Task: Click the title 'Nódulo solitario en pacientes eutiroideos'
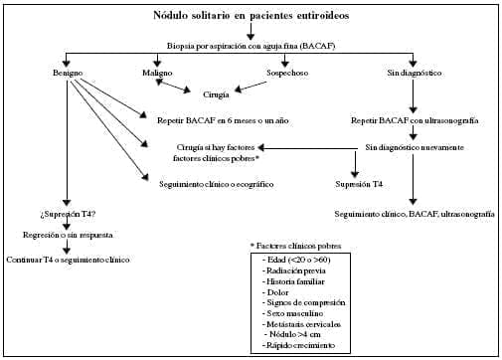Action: coord(251,16)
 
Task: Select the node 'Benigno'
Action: coord(68,73)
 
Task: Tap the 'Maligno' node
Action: coord(157,73)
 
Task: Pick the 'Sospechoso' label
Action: coord(287,73)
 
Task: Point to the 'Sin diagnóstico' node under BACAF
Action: coord(415,73)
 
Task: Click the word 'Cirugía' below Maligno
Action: coord(216,94)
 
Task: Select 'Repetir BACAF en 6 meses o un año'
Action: coord(223,120)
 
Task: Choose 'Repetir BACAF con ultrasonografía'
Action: coord(415,120)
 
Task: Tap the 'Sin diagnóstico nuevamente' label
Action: coord(415,147)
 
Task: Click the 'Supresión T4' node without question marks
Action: coord(359,184)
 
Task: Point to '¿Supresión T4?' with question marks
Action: coord(68,215)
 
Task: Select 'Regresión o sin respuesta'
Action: coord(68,235)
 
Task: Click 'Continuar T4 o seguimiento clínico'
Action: coord(68,260)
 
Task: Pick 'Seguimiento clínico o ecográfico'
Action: coord(217,184)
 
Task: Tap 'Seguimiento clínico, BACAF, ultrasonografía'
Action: coord(415,215)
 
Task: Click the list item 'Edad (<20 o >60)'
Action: coord(296,260)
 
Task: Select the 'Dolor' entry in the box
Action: coord(275,292)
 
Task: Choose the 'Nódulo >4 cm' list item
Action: coord(292,334)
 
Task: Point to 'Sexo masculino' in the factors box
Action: coord(293,313)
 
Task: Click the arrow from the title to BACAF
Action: coord(251,32)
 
